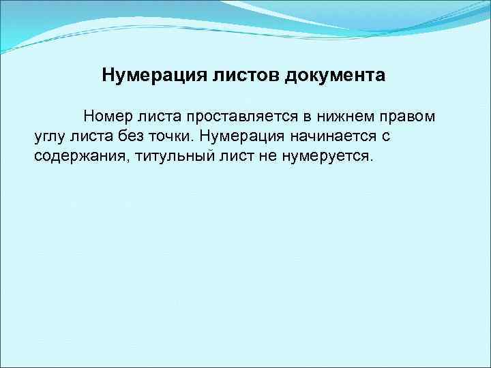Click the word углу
(49, 136)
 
